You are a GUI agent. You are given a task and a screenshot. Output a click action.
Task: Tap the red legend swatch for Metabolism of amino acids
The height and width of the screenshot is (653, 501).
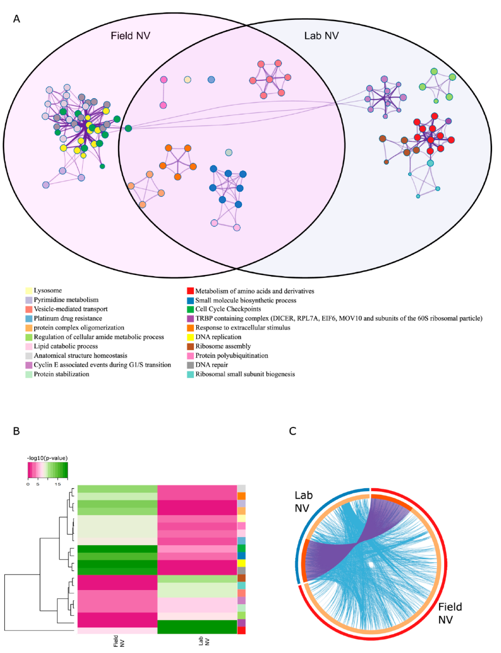click(x=190, y=291)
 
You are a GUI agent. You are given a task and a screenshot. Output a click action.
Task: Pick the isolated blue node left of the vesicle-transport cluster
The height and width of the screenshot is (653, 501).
click(x=211, y=80)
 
